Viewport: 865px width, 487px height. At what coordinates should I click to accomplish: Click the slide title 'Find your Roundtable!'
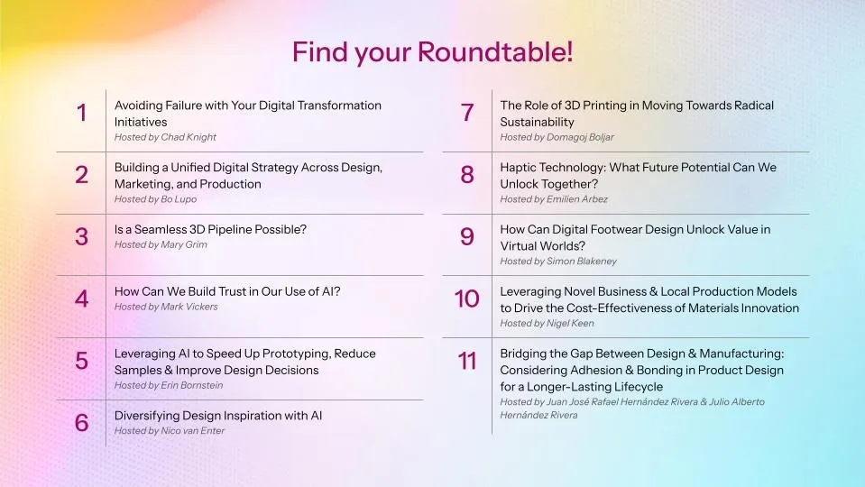coord(432,51)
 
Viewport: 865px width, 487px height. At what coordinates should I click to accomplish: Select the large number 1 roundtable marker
coord(82,114)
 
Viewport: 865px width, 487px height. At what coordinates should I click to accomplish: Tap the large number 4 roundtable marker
coord(82,299)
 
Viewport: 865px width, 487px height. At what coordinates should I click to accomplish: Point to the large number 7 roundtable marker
coord(467,114)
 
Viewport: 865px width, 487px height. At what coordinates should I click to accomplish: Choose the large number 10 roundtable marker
coord(467,299)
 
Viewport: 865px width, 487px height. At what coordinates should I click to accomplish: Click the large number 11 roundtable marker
coord(467,362)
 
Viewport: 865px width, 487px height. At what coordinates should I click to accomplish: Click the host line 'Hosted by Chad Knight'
coord(165,138)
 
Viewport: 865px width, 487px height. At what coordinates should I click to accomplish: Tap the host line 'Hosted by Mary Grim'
coord(161,244)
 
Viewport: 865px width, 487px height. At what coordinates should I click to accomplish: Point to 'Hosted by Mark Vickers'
coord(166,307)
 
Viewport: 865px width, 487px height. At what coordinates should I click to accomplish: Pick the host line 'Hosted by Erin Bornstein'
coord(169,386)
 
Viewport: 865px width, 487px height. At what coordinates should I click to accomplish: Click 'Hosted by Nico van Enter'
coord(169,431)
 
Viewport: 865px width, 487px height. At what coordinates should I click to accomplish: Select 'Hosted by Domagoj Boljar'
coord(557,138)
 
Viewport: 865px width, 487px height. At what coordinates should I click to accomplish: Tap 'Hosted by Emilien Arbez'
coord(554,199)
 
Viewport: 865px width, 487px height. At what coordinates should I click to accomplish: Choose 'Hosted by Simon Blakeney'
coord(558,262)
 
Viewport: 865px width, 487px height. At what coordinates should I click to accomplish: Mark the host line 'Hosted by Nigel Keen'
coord(547,324)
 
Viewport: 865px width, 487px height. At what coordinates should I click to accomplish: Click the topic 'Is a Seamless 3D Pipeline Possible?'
coord(210,229)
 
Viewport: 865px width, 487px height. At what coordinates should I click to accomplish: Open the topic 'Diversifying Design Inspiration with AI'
coord(218,416)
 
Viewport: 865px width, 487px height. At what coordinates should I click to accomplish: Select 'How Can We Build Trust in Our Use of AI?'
coord(227,291)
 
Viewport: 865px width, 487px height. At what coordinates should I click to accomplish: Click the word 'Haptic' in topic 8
coord(519,168)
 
